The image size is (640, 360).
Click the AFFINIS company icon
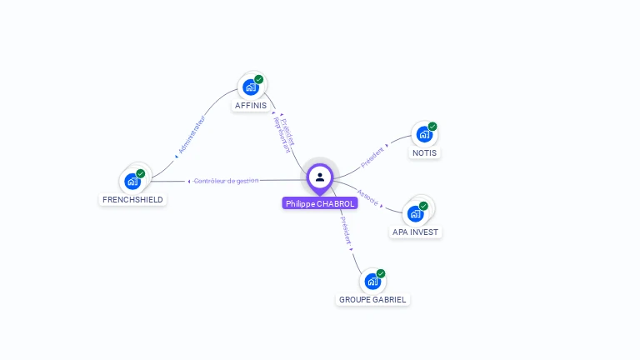[x=250, y=87]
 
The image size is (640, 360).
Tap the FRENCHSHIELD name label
[x=132, y=200]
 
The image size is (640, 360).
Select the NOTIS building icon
[x=423, y=134]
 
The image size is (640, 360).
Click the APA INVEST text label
[x=415, y=232]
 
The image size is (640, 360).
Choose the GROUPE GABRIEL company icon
[x=372, y=281]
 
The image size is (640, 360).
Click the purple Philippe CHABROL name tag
[x=320, y=203]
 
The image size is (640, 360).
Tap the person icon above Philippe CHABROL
[x=320, y=177]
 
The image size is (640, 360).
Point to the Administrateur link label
[x=191, y=136]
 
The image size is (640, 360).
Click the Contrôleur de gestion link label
[x=226, y=180]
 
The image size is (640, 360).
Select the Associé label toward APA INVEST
[x=367, y=197]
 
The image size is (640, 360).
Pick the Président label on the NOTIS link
[x=372, y=153]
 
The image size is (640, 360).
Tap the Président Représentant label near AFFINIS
[x=283, y=132]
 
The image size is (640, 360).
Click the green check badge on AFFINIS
[x=259, y=79]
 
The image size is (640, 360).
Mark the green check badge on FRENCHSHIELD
[x=141, y=173]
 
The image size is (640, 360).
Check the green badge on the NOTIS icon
[x=432, y=127]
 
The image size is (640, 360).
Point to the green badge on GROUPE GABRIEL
[x=381, y=273]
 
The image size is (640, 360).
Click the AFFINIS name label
[x=251, y=106]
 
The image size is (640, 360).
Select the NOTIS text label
[x=424, y=153]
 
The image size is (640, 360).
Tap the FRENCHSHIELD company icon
[x=132, y=181]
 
